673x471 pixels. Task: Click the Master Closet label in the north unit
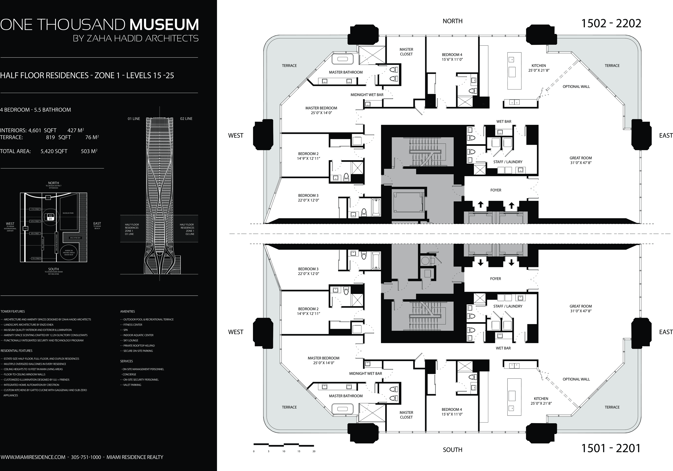pyautogui.click(x=406, y=52)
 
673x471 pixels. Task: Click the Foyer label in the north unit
pyautogui.click(x=496, y=190)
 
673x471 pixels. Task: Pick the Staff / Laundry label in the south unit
pyautogui.click(x=508, y=306)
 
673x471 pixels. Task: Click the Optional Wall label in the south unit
pyautogui.click(x=576, y=379)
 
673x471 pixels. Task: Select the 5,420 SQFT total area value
pyautogui.click(x=54, y=151)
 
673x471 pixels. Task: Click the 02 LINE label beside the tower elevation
pyautogui.click(x=186, y=119)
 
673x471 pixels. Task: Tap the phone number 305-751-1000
pyautogui.click(x=86, y=457)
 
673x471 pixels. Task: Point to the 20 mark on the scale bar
pyautogui.click(x=314, y=451)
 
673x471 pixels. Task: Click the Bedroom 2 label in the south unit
pyautogui.click(x=308, y=311)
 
